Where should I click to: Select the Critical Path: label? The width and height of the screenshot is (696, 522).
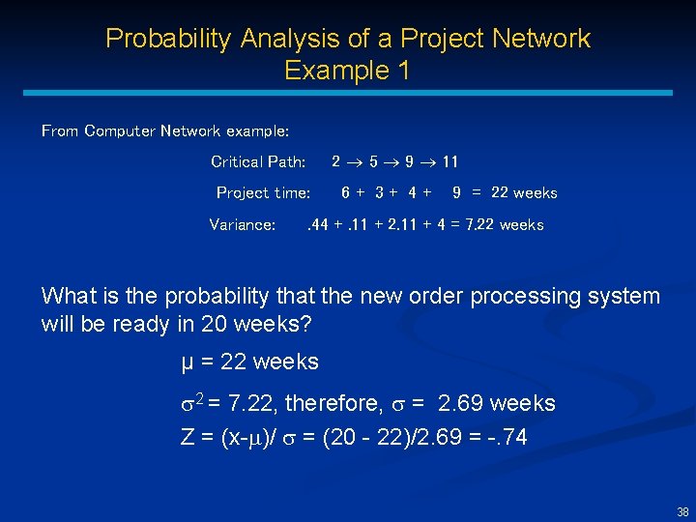258,161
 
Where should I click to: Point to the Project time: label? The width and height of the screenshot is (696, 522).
263,193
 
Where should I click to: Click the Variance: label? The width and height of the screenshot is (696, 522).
242,225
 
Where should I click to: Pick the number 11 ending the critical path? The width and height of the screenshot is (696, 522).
449,161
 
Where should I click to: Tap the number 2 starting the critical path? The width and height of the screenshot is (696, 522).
335,161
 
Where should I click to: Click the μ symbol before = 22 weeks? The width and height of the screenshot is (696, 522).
188,363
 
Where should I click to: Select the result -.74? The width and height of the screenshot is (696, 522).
508,437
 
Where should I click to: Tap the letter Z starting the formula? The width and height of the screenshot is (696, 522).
188,437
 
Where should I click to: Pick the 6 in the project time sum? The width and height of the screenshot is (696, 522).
346,193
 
